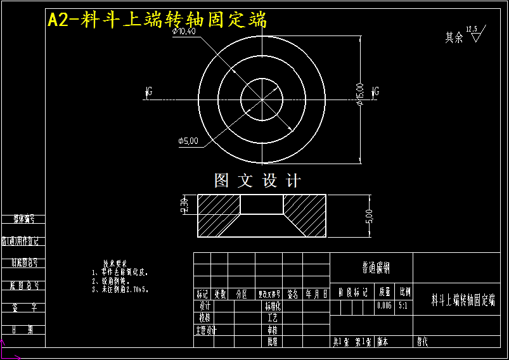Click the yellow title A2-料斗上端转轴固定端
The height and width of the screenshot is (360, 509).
point(157,20)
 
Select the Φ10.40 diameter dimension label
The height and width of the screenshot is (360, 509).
point(184,31)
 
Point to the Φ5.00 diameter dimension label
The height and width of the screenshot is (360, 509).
point(188,140)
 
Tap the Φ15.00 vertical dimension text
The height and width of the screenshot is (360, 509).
point(359,93)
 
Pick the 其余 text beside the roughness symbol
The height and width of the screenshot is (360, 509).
point(454,38)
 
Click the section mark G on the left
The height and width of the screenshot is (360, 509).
point(148,92)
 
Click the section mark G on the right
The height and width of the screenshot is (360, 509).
point(375,92)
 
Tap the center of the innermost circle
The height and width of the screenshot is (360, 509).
point(262,99)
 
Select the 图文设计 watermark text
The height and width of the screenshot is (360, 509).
point(257,181)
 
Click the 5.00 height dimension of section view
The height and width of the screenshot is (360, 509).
point(369,215)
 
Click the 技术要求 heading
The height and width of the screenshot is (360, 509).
point(115,263)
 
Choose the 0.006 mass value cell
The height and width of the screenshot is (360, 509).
point(384,305)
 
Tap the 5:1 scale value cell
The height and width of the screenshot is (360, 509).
point(404,305)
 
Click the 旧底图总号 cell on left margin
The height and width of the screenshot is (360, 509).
point(24,262)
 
